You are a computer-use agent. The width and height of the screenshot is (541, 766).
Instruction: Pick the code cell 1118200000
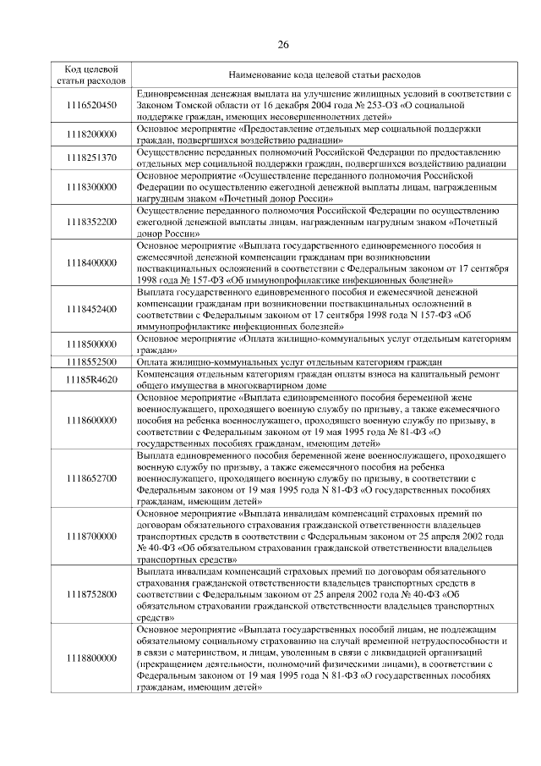tap(90, 135)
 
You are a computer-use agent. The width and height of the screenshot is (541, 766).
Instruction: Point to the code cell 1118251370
tap(90, 158)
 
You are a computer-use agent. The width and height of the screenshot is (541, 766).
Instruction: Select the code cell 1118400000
tap(90, 263)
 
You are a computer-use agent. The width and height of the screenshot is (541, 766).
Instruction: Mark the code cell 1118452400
tap(90, 310)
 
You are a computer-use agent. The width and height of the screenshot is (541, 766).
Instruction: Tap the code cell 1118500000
tap(90, 344)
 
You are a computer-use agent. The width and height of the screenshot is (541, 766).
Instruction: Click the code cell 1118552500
tap(90, 362)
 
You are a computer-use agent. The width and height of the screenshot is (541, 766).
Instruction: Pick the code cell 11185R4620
tap(90, 379)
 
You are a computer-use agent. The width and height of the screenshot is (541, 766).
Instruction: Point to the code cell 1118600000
tap(90, 420)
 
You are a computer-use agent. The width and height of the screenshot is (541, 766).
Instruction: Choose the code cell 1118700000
tap(90, 537)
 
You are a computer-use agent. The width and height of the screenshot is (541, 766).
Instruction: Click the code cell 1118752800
tap(90, 595)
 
